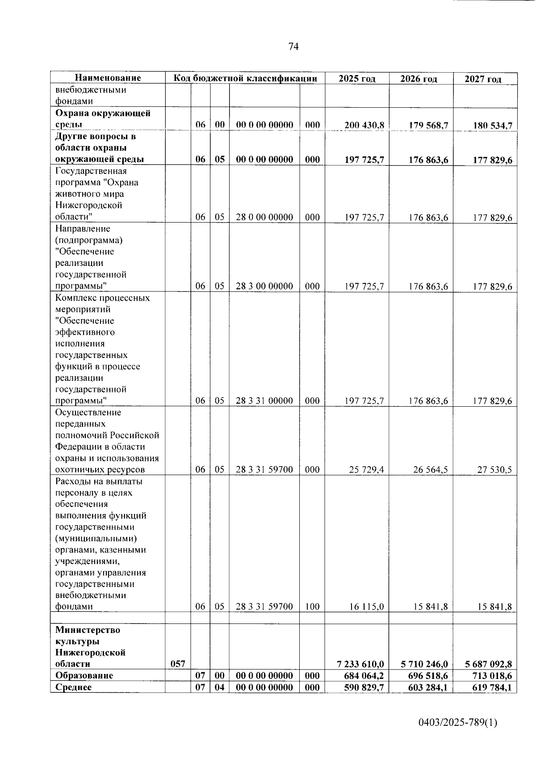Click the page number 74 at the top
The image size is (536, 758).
[293, 47]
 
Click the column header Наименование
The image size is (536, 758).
[108, 78]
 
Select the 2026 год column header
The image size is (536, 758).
[419, 79]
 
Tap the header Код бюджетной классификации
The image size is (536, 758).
[245, 79]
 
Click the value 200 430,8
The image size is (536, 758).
[364, 125]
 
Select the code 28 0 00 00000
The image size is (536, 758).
[264, 217]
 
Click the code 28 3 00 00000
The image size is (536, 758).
[264, 286]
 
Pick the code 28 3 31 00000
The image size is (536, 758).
[264, 400]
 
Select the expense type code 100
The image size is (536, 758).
[312, 606]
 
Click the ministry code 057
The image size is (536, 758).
[178, 664]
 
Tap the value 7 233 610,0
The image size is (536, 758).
[361, 664]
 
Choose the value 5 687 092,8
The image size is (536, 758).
[489, 664]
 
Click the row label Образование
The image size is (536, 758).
[84, 675]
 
